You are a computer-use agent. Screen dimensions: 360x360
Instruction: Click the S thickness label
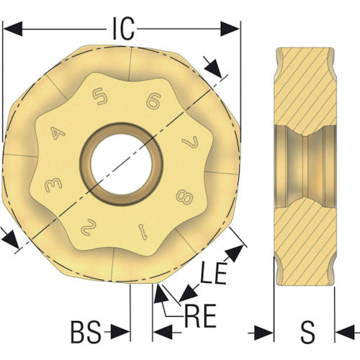click(x=307, y=333)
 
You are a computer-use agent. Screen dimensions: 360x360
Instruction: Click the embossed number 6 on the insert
click(x=152, y=101)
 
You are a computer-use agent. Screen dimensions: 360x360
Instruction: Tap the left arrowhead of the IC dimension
click(x=9, y=29)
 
